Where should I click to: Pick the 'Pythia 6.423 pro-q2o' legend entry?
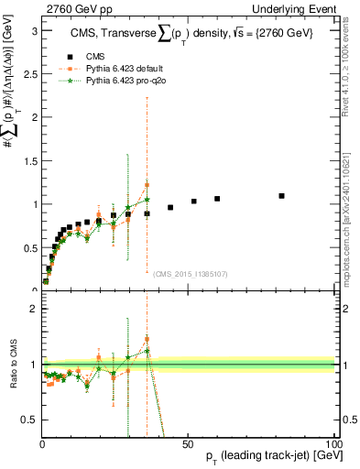coord(122,79)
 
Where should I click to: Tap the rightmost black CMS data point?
coord(282,196)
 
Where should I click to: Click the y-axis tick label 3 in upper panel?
coord(33,30)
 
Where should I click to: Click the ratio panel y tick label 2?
coord(33,309)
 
